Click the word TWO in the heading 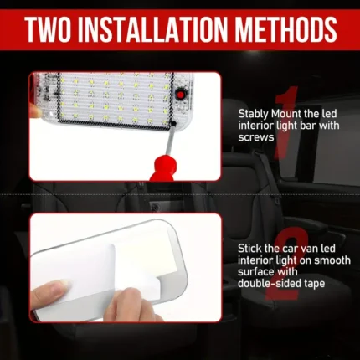point(48,29)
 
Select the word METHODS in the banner point(285,29)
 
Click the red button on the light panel point(181,95)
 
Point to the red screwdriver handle point(163,170)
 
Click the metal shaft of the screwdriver point(170,140)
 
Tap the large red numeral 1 point(285,122)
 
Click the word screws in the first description point(256,137)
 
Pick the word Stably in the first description point(254,115)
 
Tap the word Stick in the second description point(249,249)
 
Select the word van point(300,249)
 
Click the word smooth point(332,260)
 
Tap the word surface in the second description point(256,272)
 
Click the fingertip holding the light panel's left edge point(35,112)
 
